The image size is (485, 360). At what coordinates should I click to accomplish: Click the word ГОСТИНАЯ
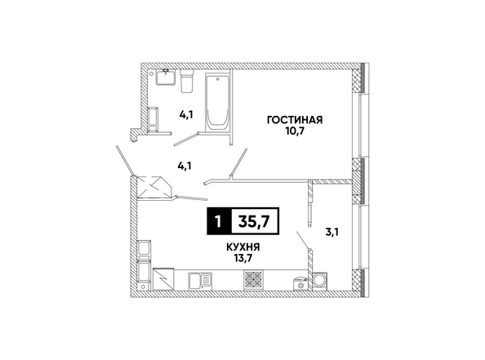click(295, 120)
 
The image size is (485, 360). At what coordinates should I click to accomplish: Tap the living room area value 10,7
click(295, 131)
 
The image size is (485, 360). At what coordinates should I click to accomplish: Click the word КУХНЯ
click(243, 247)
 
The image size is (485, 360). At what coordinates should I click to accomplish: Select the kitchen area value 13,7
click(243, 258)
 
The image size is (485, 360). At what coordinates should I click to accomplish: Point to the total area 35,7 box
click(255, 221)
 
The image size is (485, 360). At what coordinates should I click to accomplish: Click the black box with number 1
click(219, 221)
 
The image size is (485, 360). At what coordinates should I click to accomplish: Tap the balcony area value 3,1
click(331, 232)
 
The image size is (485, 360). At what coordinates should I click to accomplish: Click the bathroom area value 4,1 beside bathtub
click(186, 115)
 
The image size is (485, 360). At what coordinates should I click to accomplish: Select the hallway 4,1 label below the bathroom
click(185, 166)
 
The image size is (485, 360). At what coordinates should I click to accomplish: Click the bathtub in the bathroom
click(218, 102)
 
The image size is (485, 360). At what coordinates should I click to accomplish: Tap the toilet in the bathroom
click(186, 81)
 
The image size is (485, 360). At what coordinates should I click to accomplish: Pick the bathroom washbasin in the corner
click(166, 77)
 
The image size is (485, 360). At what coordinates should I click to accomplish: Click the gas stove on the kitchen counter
click(254, 279)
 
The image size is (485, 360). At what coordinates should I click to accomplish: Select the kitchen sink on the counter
click(200, 281)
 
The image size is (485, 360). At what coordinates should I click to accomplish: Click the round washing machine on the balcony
click(320, 281)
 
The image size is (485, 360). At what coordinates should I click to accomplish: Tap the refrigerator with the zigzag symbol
click(163, 279)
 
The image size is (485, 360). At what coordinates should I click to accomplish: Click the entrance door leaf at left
click(125, 161)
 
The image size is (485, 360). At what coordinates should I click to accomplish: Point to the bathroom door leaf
click(186, 139)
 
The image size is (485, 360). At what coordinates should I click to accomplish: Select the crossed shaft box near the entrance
click(154, 187)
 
